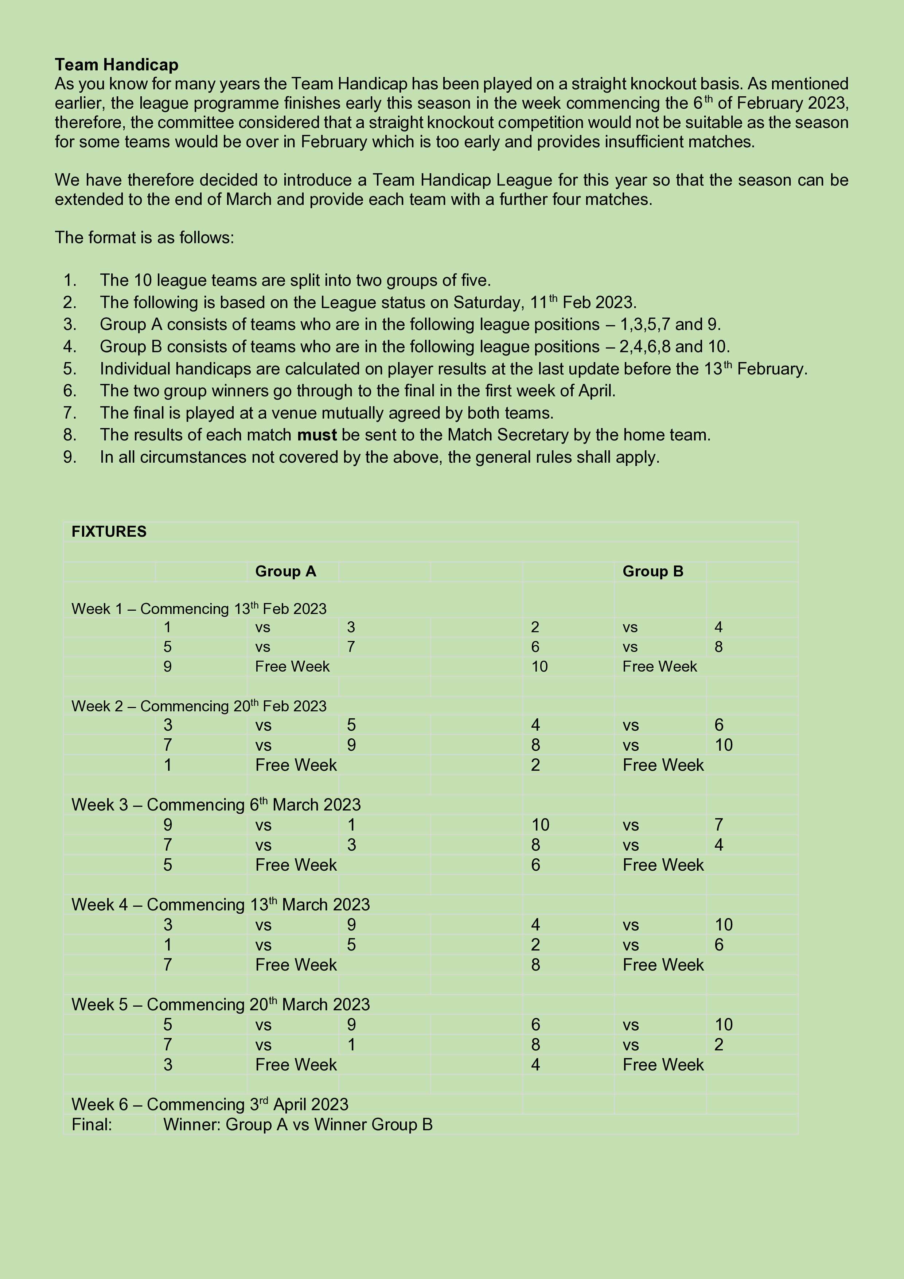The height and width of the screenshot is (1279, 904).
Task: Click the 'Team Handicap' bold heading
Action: click(116, 65)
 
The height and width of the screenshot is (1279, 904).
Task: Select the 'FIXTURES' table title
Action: click(109, 532)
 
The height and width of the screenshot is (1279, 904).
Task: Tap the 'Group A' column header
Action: click(285, 572)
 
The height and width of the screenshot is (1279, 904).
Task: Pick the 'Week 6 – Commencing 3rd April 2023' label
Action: click(210, 1105)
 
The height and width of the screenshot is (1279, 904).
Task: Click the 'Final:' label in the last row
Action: click(92, 1125)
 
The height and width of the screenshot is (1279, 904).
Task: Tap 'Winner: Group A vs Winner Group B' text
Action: click(298, 1125)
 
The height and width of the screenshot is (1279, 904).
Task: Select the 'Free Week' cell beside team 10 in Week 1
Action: click(659, 667)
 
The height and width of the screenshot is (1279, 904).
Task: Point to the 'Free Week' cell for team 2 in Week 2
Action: click(663, 765)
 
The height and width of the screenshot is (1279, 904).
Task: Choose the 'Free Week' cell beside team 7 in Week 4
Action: click(296, 965)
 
